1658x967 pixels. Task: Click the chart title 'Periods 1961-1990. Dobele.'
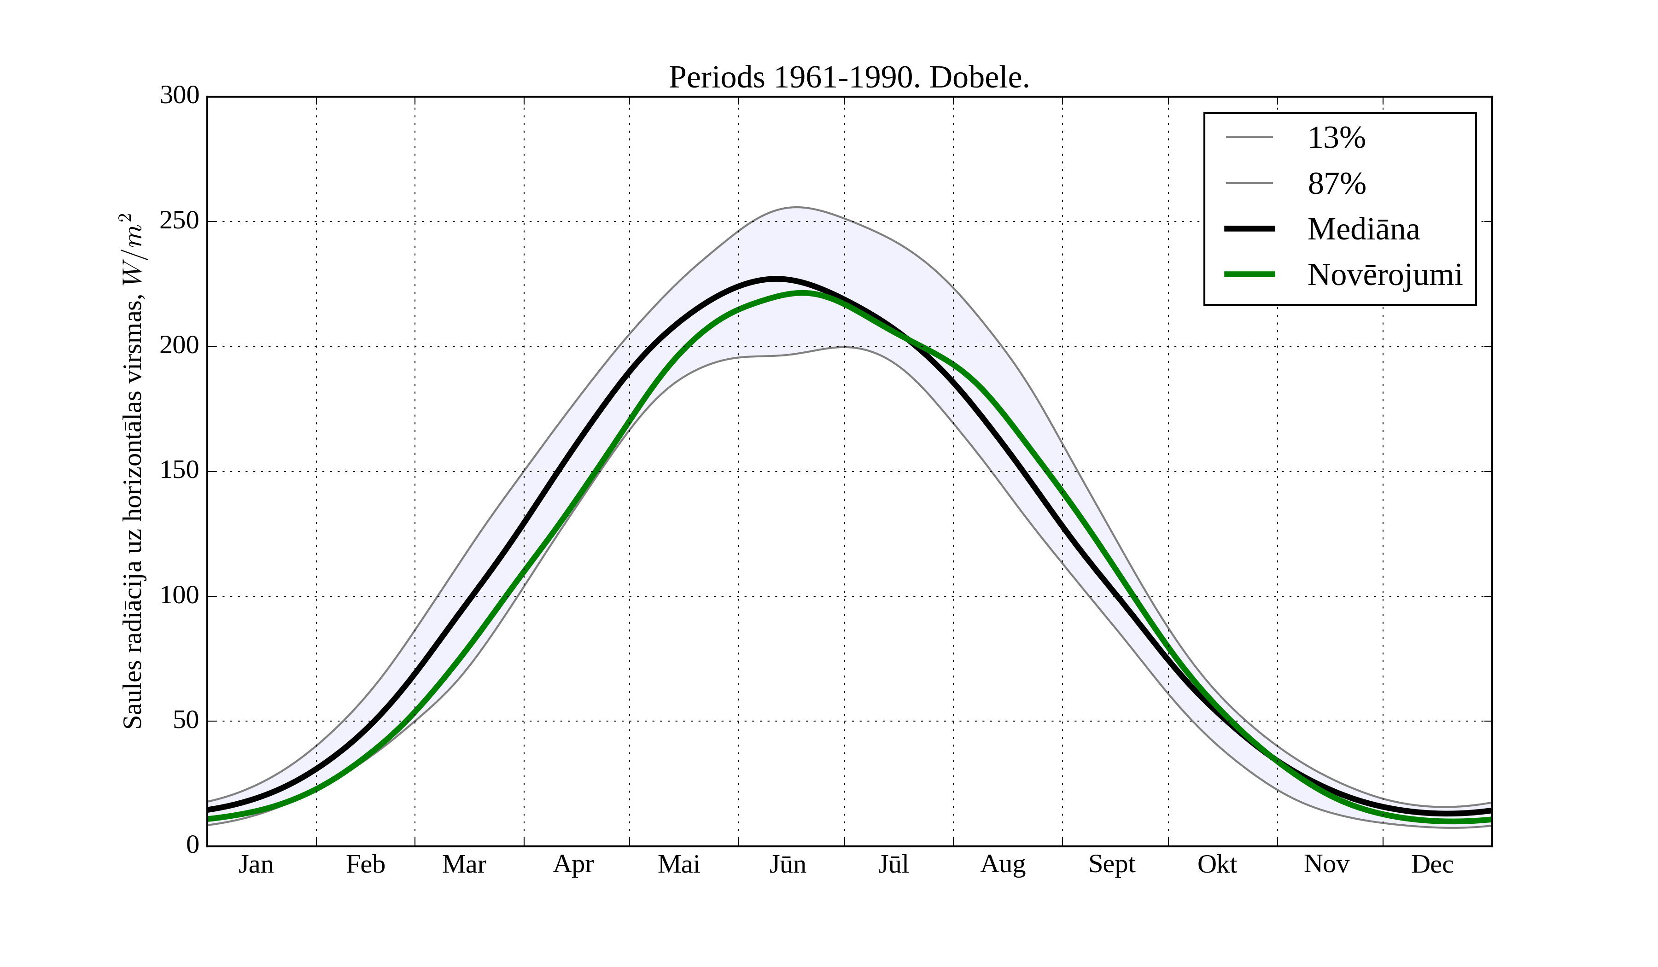click(849, 78)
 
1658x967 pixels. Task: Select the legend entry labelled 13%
click(1336, 138)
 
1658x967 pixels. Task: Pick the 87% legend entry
click(1336, 184)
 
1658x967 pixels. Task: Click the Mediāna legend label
click(1363, 230)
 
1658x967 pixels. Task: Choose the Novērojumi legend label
click(1384, 275)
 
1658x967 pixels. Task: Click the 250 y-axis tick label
click(179, 221)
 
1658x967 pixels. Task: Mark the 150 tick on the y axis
click(179, 471)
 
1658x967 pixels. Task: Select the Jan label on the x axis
click(256, 864)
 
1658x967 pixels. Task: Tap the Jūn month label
click(788, 864)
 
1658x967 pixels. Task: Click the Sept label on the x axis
click(1111, 864)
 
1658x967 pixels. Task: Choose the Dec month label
click(1432, 864)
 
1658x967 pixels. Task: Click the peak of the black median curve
click(776, 279)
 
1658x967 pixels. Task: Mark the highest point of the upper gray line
click(796, 207)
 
